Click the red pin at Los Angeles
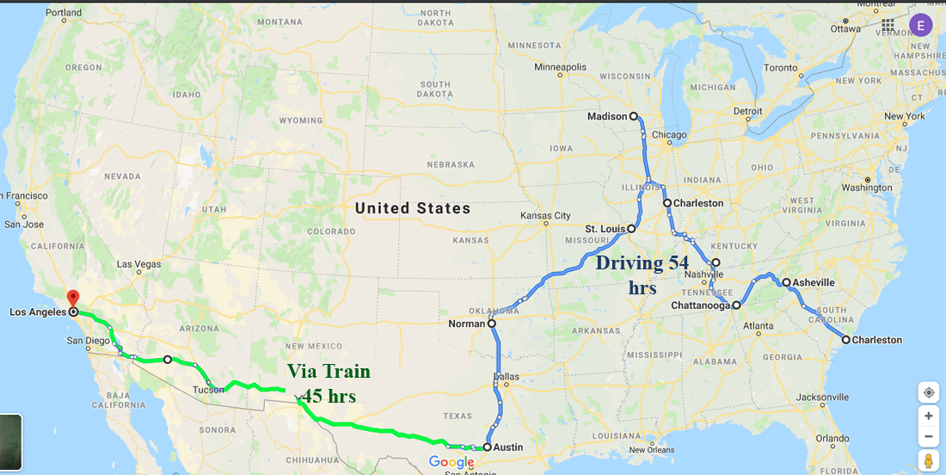[x=72, y=299]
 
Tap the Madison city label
[x=607, y=116]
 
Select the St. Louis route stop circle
[x=631, y=229]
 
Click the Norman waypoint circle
[x=492, y=324]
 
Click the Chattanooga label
[x=701, y=305]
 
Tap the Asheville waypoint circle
[x=786, y=282]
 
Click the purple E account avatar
[x=921, y=25]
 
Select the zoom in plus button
[x=929, y=416]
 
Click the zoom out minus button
[x=929, y=437]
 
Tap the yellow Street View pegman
[x=929, y=461]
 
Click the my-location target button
[x=929, y=392]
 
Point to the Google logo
[x=451, y=463]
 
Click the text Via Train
[x=329, y=372]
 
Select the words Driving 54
[x=642, y=263]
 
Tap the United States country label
[x=413, y=208]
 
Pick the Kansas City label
[x=545, y=215]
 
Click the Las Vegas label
[x=138, y=264]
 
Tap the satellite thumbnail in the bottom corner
[x=10, y=442]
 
